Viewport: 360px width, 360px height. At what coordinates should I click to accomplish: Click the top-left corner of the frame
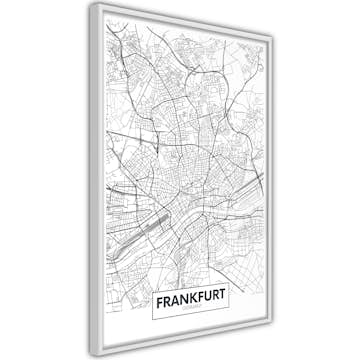[91, 4]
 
